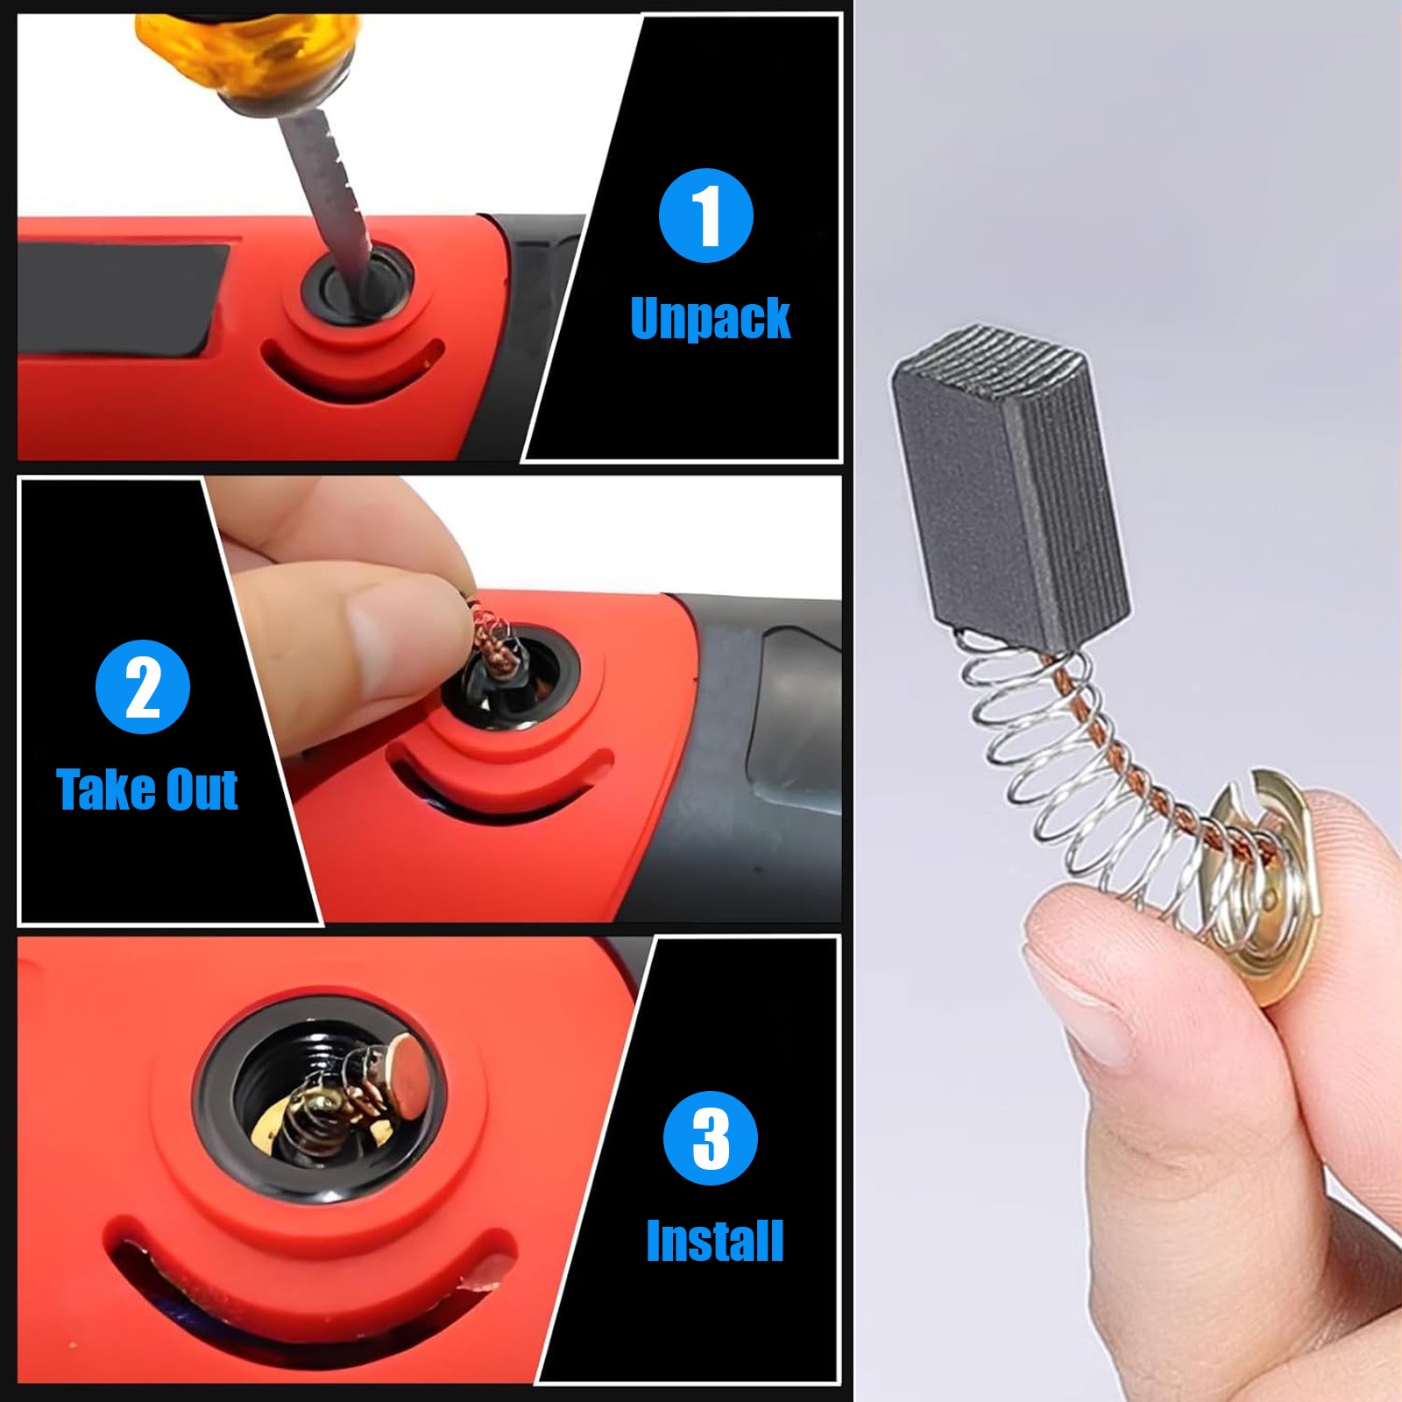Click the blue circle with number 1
tap(705, 216)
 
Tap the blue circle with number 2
tap(143, 686)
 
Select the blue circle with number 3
tap(710, 1138)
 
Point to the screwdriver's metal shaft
tap(324, 193)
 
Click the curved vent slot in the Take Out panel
tap(491, 789)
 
